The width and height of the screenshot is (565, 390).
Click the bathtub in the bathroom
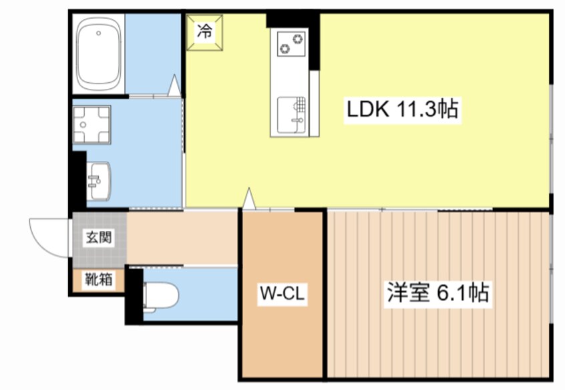pyautogui.click(x=99, y=53)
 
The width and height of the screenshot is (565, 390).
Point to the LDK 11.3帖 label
pyautogui.click(x=401, y=109)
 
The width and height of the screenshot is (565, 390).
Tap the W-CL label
pyautogui.click(x=282, y=295)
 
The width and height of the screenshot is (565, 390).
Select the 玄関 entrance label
pyautogui.click(x=99, y=237)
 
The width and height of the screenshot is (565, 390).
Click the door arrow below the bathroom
pyautogui.click(x=174, y=85)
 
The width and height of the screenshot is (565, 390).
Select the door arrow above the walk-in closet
pyautogui.click(x=248, y=199)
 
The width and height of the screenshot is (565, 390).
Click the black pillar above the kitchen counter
pyautogui.click(x=293, y=19)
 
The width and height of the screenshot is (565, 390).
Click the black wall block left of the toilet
pyautogui.click(x=134, y=295)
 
